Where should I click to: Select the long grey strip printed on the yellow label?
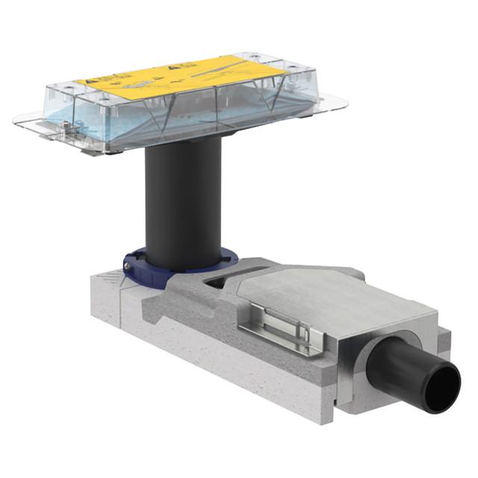tap(224, 66)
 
